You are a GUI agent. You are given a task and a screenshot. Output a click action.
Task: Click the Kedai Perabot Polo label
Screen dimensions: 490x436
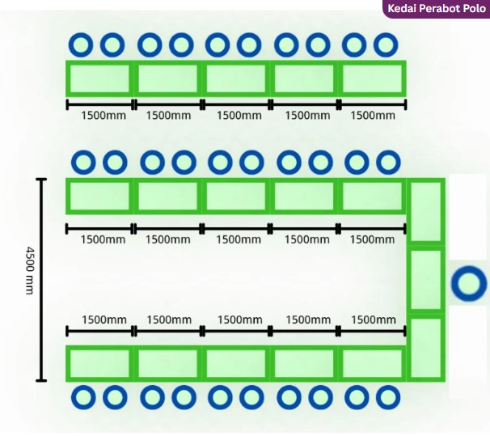point(437,8)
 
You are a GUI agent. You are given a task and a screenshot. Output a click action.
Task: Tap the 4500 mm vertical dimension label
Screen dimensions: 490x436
point(29,271)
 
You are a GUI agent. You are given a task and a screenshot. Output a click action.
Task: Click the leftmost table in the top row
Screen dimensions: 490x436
point(99,78)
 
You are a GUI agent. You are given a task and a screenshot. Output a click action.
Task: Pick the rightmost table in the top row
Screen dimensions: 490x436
point(372,78)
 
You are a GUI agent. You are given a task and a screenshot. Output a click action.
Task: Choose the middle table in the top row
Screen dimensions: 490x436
point(236,78)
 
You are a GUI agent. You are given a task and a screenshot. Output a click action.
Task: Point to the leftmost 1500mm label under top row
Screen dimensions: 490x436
point(103,116)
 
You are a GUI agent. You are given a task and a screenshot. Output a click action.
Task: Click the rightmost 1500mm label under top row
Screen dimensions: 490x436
point(373,116)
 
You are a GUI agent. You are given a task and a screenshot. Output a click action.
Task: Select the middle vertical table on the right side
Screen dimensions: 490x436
point(426,280)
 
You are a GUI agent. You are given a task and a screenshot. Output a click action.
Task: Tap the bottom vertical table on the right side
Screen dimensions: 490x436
point(426,348)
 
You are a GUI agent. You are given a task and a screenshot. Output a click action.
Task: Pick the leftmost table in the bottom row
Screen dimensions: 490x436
point(99,363)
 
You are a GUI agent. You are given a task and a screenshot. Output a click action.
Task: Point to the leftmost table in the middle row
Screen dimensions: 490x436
point(99,196)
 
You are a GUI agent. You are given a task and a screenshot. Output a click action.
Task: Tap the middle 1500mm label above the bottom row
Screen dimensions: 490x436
point(239,320)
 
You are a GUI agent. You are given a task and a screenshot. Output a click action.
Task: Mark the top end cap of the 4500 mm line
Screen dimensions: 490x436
point(41,180)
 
